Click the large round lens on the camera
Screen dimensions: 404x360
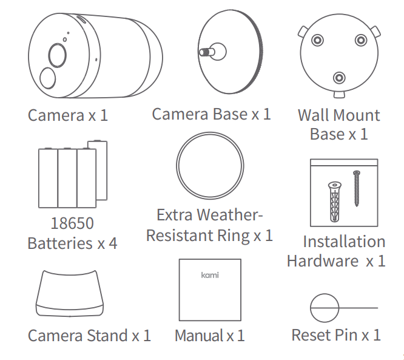point(57,55)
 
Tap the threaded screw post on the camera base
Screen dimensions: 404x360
point(207,52)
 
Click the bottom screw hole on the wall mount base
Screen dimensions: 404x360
point(339,78)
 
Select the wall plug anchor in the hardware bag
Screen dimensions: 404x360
point(335,202)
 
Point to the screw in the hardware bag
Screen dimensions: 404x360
point(357,188)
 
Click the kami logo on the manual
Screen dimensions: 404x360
point(210,275)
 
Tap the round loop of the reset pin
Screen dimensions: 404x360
point(325,308)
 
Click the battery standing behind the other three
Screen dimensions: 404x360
point(101,170)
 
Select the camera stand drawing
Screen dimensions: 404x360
point(70,293)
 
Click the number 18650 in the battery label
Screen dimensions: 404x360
point(72,223)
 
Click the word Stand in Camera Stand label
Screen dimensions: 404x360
point(107,335)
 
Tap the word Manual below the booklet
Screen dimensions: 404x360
point(198,336)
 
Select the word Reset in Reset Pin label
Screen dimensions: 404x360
point(311,335)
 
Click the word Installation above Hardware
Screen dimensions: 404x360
point(344,242)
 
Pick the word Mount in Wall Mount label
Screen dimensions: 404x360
point(358,115)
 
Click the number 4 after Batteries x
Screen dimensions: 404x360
point(113,243)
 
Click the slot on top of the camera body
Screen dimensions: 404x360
point(82,19)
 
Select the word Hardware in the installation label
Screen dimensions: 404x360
point(323,260)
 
